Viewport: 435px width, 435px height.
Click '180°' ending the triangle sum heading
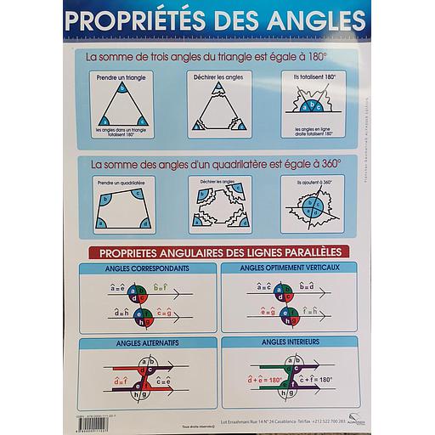316,56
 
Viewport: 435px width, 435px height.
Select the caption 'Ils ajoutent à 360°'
314,182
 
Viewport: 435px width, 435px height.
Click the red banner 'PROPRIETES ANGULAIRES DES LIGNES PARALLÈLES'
220,251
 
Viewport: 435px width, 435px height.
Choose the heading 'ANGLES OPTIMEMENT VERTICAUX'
289,269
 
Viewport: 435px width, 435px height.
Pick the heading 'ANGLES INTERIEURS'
288,342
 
